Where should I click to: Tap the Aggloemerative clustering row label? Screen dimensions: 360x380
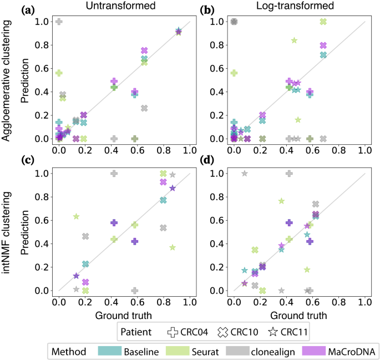click(x=9, y=80)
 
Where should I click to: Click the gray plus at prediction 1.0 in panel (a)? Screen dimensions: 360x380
click(x=59, y=22)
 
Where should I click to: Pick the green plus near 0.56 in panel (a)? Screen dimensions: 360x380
click(x=59, y=73)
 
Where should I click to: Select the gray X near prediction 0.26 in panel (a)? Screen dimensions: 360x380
click(x=144, y=108)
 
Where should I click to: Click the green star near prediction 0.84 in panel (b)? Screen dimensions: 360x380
click(x=294, y=40)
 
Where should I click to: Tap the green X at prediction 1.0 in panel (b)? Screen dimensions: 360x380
click(x=323, y=22)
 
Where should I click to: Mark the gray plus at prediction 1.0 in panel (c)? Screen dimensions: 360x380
click(x=114, y=174)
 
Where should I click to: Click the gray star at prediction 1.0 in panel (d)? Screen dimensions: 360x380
click(x=244, y=174)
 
